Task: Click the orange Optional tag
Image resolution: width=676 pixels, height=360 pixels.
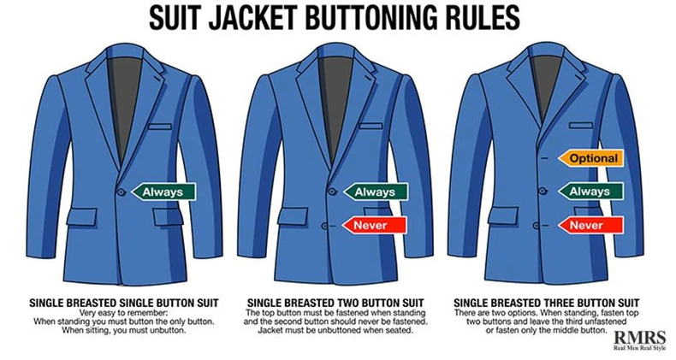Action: point(590,158)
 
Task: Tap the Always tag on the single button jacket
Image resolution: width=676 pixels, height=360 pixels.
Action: point(163,192)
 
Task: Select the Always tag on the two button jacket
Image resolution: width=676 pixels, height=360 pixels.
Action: point(375,192)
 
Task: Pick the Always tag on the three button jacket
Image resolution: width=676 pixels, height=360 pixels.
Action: point(590,192)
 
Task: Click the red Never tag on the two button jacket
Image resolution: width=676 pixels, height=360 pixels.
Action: point(374,225)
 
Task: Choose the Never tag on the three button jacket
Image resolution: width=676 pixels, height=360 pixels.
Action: point(590,225)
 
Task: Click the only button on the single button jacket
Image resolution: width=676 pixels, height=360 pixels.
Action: point(122,192)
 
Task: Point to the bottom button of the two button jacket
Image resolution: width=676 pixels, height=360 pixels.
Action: point(326,225)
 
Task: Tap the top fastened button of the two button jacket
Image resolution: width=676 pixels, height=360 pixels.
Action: point(331,192)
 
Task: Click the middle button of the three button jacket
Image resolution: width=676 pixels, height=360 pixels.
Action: point(544,192)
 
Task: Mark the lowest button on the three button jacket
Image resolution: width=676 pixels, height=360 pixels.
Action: point(537,225)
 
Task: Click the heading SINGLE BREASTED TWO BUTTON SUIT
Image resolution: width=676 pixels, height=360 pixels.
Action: point(335,304)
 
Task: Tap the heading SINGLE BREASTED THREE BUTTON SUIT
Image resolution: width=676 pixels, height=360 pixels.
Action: point(546,304)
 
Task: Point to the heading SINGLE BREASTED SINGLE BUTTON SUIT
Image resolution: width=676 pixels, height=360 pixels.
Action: point(124,304)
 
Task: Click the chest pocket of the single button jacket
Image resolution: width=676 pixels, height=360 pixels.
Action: point(160,127)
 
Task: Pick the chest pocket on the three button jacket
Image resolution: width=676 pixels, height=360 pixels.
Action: point(581,126)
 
